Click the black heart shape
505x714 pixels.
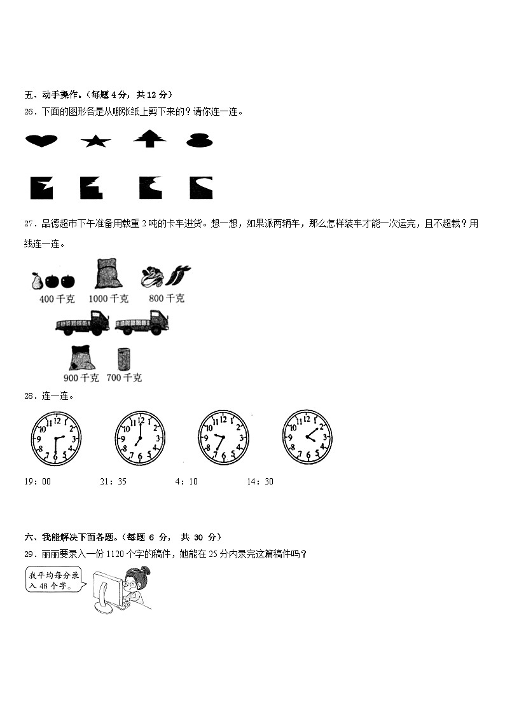[41, 141]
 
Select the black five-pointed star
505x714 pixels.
[95, 141]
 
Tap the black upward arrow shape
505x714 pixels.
[149, 138]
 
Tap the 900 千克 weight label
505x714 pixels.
[81, 378]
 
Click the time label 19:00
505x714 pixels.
[38, 481]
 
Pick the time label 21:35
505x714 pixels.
[113, 481]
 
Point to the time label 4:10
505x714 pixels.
[186, 481]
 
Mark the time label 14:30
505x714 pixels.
[260, 481]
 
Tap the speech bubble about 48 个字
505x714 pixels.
[55, 580]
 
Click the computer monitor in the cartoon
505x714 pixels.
[108, 588]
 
